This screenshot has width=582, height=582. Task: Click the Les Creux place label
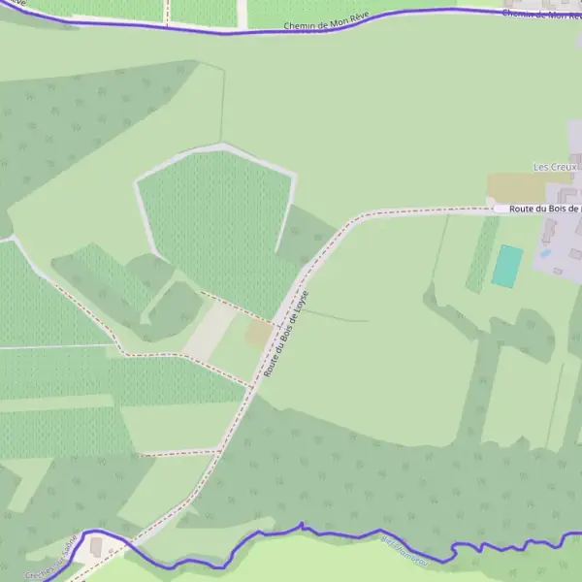coord(555,167)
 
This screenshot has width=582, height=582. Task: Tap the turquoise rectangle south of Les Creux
coord(506,265)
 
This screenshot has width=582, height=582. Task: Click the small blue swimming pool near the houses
coord(545,253)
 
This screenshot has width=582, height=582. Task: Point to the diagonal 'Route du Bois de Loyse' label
coord(286,333)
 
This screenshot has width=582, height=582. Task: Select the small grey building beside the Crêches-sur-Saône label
coord(96,547)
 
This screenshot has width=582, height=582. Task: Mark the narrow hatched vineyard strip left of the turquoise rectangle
coord(482,255)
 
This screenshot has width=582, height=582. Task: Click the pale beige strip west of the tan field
coord(209,332)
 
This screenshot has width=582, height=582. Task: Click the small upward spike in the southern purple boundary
coord(302,525)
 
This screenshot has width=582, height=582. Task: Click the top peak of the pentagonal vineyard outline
coord(223,145)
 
